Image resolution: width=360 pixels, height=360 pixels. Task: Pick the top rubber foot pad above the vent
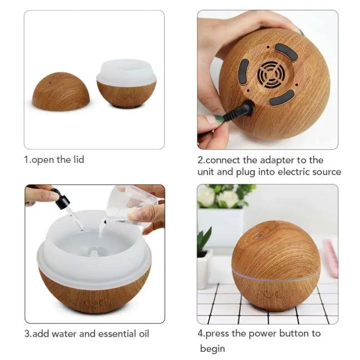click(x=286, y=52)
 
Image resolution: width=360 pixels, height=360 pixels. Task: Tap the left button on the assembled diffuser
click(x=268, y=294)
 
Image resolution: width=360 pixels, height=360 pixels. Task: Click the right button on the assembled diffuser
click(x=279, y=294)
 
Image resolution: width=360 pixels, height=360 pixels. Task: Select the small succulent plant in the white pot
click(x=204, y=240)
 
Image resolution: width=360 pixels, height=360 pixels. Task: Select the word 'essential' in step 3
click(x=106, y=334)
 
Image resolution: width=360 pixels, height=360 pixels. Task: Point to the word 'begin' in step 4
click(x=212, y=348)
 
